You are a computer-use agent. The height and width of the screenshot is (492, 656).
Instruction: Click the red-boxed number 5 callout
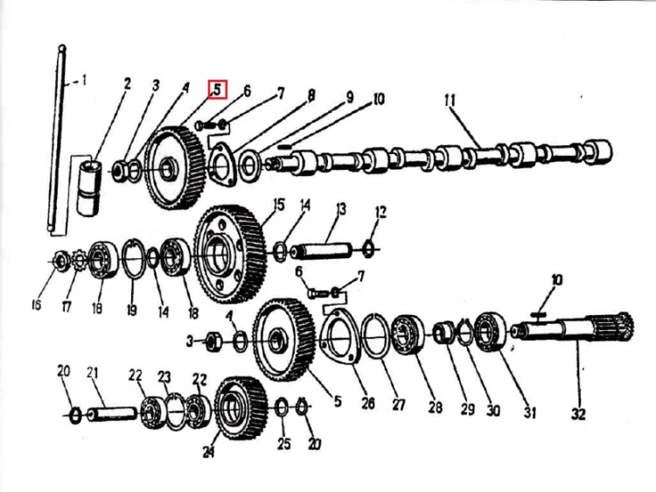tap(218, 89)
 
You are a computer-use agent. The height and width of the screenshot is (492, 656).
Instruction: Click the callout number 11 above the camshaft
tap(450, 101)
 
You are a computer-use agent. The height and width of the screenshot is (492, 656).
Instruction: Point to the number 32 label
tap(578, 414)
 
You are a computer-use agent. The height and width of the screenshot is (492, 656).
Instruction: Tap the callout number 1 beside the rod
tap(84, 80)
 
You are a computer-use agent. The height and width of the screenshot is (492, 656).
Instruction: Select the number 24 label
tap(209, 452)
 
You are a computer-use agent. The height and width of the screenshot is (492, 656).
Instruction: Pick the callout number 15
tap(279, 205)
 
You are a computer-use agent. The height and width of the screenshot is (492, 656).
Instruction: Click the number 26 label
tap(368, 403)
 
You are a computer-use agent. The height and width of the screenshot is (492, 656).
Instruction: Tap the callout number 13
tap(341, 208)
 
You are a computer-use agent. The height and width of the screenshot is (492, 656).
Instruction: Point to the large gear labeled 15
tap(230, 254)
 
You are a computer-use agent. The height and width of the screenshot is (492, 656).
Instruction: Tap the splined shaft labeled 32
tap(574, 329)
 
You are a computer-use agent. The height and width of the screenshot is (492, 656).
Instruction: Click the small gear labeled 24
tap(241, 408)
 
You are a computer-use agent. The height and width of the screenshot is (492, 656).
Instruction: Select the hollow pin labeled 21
tap(112, 415)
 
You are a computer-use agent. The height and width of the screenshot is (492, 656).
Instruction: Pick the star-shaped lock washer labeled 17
tap(79, 260)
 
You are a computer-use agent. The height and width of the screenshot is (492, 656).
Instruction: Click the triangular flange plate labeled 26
tap(339, 336)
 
